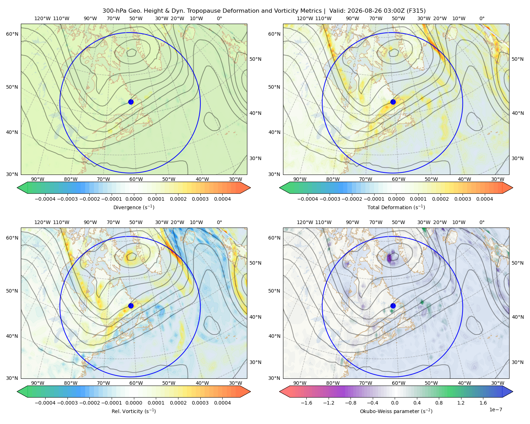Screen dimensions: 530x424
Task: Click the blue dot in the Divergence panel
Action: coord(131,102)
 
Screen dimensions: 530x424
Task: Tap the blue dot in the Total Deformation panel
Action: coord(393,102)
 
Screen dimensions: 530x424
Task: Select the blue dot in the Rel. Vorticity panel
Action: coord(131,306)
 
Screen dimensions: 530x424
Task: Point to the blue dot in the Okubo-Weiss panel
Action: coord(393,306)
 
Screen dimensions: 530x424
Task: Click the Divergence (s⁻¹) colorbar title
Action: coord(134,207)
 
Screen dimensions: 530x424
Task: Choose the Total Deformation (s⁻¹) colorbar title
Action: coord(396,207)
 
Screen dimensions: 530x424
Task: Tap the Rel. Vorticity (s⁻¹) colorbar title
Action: coord(134,411)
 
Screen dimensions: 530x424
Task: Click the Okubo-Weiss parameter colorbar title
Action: coord(396,411)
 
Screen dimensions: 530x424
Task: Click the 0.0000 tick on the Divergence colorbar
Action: coord(134,199)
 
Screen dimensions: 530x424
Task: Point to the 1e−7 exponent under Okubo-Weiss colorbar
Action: coord(495,410)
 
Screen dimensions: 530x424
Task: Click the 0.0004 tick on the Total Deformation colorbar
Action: coord(485,199)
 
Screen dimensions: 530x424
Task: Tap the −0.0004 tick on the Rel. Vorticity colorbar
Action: coord(45,403)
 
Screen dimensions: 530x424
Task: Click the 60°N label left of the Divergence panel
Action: coord(12,34)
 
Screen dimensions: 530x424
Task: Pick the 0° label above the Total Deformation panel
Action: coord(482,18)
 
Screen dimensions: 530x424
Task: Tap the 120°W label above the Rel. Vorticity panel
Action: coord(42,222)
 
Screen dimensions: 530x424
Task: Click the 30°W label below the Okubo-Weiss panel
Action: coord(498,383)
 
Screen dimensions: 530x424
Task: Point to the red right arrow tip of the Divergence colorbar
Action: coord(251,188)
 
